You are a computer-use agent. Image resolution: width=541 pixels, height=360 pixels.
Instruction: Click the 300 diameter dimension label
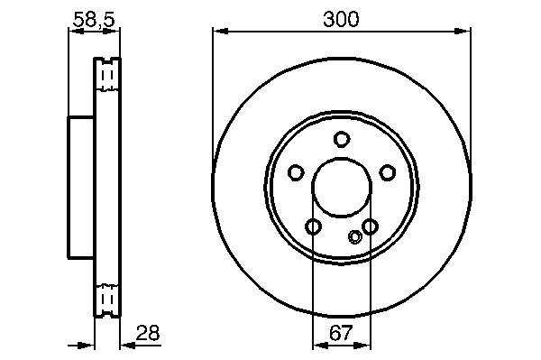click(x=341, y=19)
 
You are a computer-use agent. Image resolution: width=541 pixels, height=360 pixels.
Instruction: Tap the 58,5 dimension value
click(x=94, y=20)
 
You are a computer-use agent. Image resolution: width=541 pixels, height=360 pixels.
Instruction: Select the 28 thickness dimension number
click(x=148, y=333)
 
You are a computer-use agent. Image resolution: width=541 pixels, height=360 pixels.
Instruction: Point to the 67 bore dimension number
click(x=341, y=333)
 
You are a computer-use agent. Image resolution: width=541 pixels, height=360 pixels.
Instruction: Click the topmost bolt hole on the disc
click(x=342, y=140)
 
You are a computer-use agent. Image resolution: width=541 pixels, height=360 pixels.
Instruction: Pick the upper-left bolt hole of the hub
click(x=296, y=172)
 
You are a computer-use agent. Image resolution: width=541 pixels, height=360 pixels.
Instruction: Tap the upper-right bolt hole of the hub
click(x=387, y=172)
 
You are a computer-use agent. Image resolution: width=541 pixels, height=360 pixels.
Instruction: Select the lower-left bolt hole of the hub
click(x=313, y=226)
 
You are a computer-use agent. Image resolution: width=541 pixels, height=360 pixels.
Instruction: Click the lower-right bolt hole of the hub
click(x=370, y=226)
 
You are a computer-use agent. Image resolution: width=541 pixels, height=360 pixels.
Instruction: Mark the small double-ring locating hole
click(x=355, y=236)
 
